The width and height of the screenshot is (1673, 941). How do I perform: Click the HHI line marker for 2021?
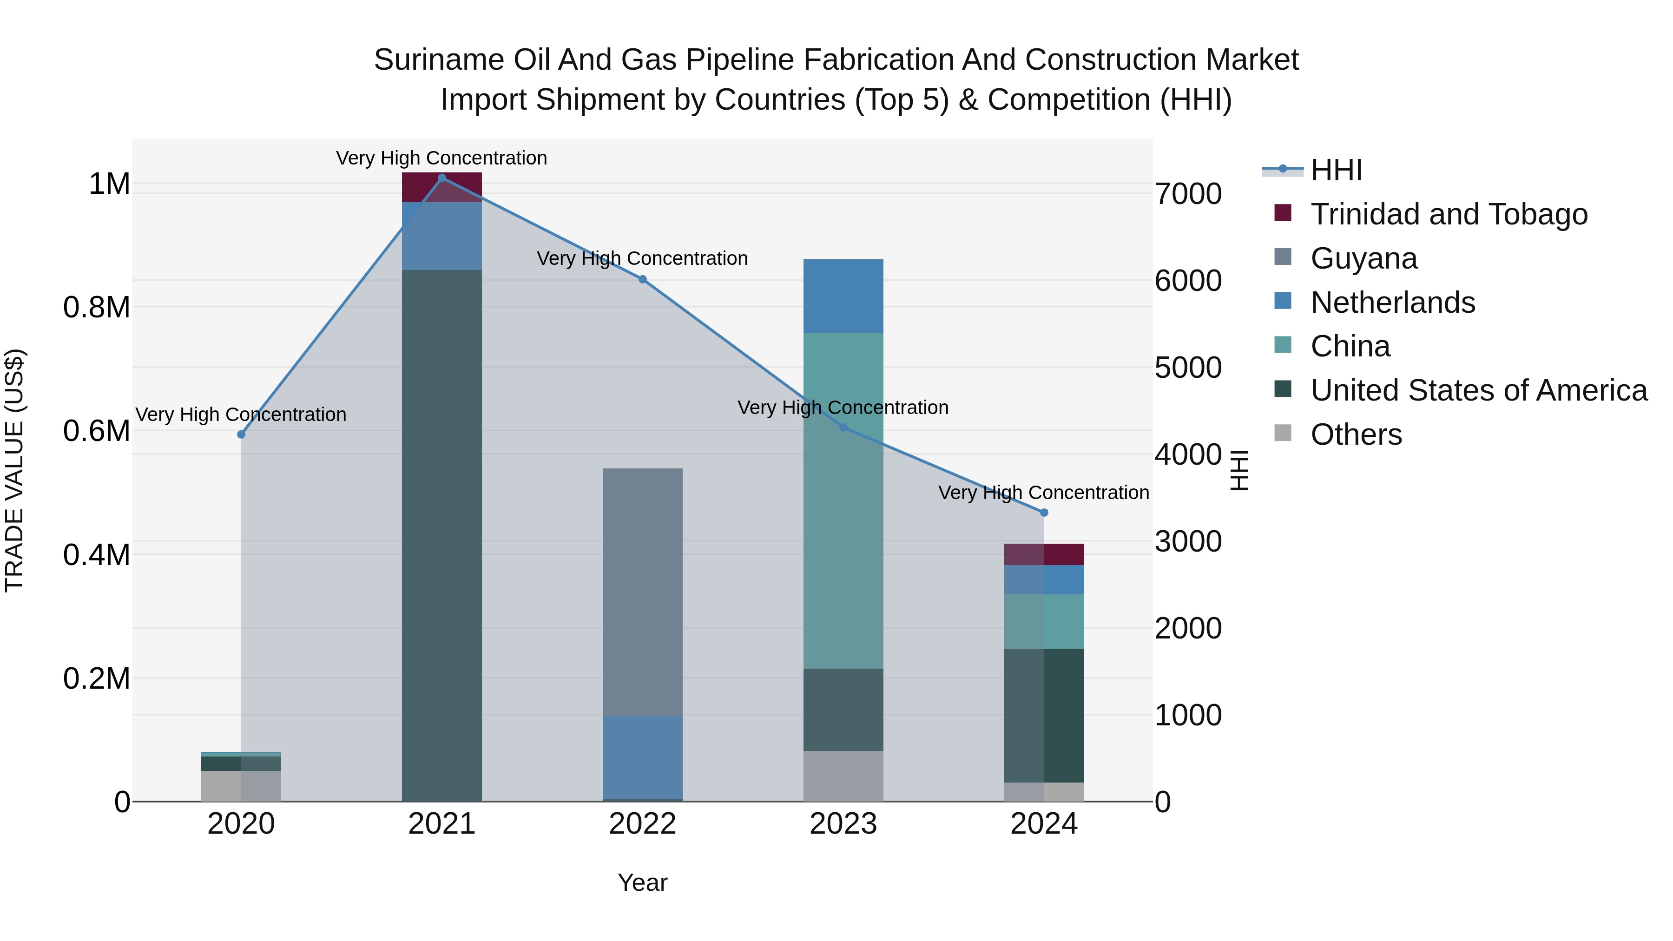[441, 178]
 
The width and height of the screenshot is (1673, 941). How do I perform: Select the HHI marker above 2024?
[1044, 513]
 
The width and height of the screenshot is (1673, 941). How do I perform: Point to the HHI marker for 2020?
[241, 434]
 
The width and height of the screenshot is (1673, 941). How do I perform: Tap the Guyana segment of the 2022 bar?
[642, 591]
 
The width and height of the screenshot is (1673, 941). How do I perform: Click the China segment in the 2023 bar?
[843, 500]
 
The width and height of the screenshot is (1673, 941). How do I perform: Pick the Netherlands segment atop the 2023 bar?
[843, 296]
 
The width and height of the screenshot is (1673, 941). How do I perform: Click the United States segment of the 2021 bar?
[441, 533]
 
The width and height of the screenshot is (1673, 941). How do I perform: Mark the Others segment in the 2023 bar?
[843, 776]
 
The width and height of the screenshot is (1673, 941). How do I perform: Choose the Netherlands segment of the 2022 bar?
[642, 757]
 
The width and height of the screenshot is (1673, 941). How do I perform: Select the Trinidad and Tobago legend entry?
[1448, 214]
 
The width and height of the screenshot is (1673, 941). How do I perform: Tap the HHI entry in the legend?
[1336, 170]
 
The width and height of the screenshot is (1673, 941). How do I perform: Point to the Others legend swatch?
[1283, 433]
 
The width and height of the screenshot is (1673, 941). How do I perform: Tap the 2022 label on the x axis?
[642, 824]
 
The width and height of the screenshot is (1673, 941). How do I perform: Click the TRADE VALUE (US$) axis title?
[14, 470]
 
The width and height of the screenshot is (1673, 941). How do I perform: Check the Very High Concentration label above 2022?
[642, 258]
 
